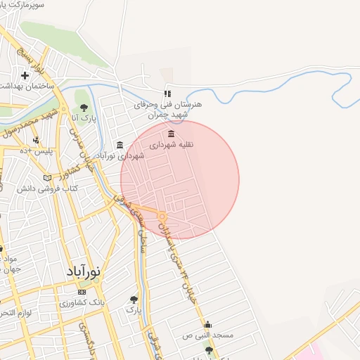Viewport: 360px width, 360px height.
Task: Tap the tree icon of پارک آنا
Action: pos(84,108)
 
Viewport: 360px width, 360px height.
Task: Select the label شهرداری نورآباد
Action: pos(120,155)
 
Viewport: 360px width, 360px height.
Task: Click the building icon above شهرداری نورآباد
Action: pos(120,145)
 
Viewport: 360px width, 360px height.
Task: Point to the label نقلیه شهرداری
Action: pos(172,145)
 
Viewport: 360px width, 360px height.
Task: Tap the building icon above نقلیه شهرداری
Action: pos(172,134)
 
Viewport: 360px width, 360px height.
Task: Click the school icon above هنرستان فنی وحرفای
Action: pos(167,94)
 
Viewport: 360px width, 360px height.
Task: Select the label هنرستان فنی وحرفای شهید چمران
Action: pos(169,110)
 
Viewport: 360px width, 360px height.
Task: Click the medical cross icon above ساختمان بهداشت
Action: pos(25,75)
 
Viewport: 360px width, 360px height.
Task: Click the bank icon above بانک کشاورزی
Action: pos(82,292)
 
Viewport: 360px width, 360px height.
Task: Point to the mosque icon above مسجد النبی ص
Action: pos(207,325)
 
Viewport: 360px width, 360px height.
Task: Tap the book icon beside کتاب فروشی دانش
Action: pos(48,178)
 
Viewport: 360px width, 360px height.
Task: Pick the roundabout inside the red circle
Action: pos(162,217)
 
